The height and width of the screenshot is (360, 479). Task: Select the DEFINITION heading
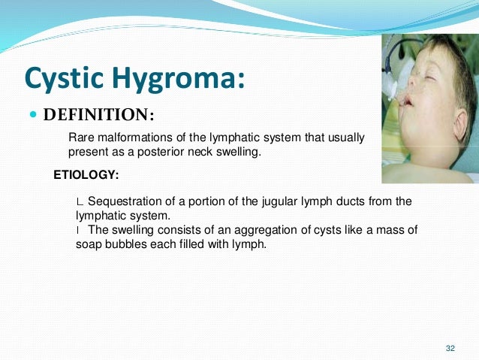[x=98, y=116]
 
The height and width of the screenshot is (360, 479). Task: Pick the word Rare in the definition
[x=81, y=138]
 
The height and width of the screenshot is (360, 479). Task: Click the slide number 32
[x=450, y=348]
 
